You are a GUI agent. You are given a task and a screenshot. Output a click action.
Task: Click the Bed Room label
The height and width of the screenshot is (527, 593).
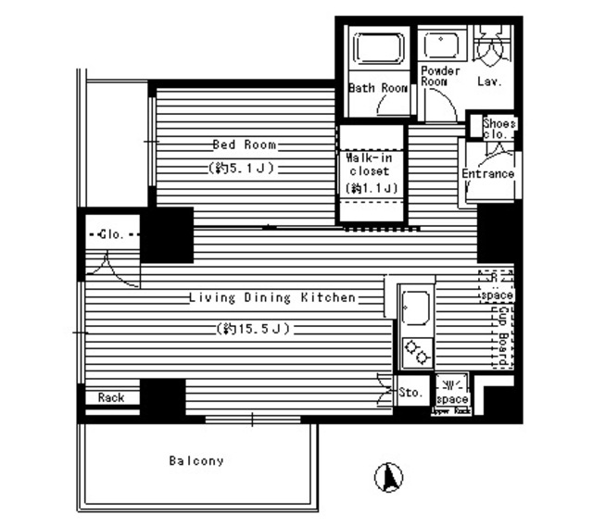245,144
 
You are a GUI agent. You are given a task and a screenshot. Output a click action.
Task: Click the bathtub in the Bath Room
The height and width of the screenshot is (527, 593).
377,51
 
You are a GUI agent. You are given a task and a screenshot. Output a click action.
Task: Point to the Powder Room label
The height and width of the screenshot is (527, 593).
440,76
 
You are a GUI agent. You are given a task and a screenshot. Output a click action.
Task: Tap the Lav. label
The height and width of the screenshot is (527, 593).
490,82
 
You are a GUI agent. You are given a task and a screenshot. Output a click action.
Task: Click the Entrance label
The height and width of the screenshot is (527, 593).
488,173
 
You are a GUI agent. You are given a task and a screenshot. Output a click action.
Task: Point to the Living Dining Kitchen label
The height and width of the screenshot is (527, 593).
271,298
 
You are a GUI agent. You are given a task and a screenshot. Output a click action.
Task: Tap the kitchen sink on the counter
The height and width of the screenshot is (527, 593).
413,305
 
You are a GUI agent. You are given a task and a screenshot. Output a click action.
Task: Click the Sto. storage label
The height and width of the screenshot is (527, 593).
413,393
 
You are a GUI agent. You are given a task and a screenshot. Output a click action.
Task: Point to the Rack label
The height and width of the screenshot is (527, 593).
111,397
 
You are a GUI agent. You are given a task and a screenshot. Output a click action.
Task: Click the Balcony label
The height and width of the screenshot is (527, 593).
196,460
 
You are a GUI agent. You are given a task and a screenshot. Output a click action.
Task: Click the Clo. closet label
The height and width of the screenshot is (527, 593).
112,233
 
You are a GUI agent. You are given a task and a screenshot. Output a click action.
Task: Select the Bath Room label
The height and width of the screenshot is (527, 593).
378,89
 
